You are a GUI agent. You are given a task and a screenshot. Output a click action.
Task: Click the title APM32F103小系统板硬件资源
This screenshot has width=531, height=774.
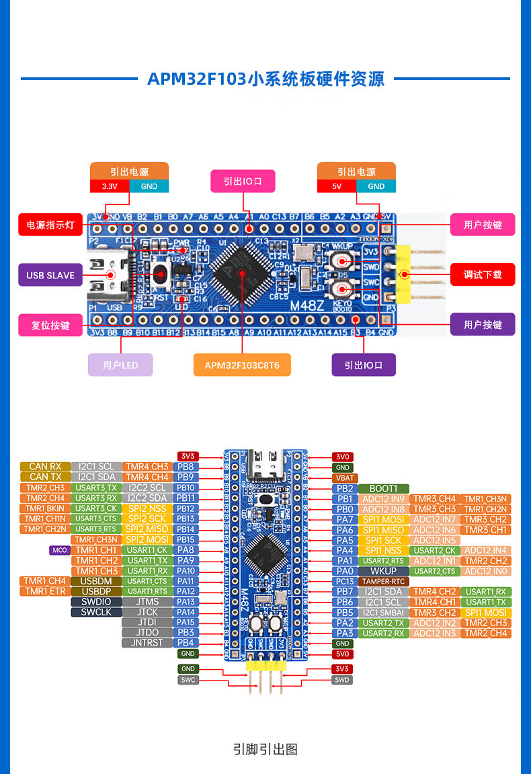(x=265, y=79)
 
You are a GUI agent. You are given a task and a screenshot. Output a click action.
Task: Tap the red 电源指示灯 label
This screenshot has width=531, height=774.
(x=50, y=225)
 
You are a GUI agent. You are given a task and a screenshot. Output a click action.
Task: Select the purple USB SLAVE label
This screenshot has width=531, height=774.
(x=50, y=275)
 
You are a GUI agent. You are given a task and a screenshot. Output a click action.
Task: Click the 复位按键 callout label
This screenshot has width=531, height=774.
(x=50, y=325)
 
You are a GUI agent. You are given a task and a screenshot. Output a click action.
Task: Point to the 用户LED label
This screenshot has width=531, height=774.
(x=120, y=365)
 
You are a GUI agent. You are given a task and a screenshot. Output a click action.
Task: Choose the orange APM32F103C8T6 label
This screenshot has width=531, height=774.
(x=242, y=365)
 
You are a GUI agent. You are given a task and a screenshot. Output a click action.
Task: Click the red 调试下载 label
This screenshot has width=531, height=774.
(x=483, y=274)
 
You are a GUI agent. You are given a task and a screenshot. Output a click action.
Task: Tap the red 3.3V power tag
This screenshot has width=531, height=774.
(x=110, y=186)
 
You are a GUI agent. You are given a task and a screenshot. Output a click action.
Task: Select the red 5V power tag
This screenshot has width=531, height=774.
(x=337, y=186)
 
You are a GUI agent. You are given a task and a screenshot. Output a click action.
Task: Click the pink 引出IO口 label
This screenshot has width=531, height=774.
(x=243, y=181)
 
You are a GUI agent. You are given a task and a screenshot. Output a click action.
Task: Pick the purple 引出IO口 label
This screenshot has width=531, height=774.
(x=364, y=365)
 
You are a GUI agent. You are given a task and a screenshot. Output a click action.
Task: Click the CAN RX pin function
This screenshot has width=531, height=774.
(x=45, y=467)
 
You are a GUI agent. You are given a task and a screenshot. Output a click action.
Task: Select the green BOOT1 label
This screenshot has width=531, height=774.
(x=384, y=488)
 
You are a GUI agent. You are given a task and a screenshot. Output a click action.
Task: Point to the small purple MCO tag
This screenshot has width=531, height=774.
(x=60, y=550)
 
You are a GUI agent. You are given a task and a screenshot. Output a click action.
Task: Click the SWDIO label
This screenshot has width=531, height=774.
(x=96, y=602)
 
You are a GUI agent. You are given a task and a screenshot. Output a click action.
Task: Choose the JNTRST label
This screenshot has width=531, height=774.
(x=147, y=643)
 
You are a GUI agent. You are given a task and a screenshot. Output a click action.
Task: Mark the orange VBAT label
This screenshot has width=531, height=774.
(x=343, y=478)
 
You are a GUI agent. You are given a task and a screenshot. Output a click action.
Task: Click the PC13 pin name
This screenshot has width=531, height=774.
(x=345, y=582)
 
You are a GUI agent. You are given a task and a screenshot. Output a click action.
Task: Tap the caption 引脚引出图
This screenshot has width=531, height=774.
(x=265, y=749)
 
